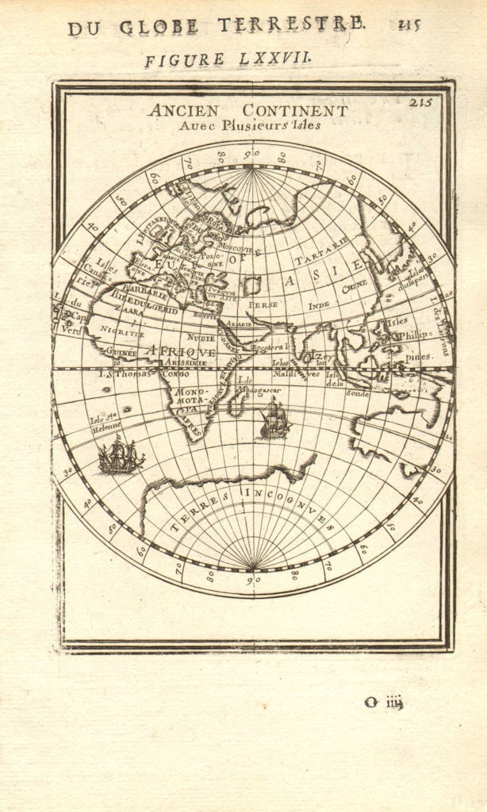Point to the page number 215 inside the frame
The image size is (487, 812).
(x=421, y=101)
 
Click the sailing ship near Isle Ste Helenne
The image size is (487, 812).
(x=121, y=457)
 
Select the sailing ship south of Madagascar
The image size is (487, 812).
(x=274, y=419)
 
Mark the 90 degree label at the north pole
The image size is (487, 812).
(x=251, y=154)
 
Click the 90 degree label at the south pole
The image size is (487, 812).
(x=251, y=580)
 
